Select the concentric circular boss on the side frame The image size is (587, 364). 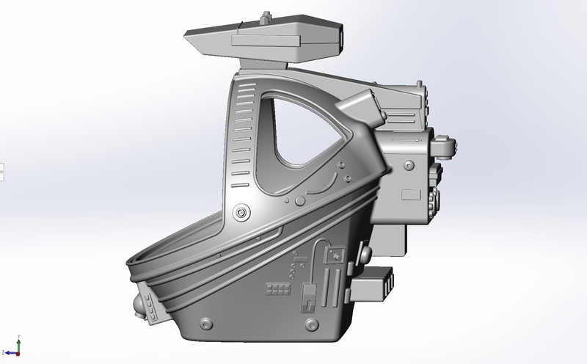240,212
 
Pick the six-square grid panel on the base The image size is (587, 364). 277,288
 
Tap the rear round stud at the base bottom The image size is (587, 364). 314,323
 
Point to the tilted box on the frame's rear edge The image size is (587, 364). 363,108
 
